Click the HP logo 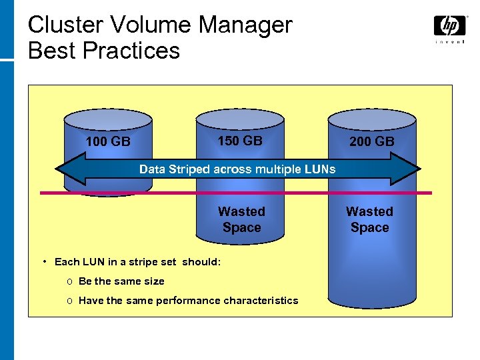click(x=449, y=27)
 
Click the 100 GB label click(x=108, y=141)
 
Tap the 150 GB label click(x=240, y=141)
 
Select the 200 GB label click(x=372, y=141)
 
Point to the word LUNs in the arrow click(x=321, y=169)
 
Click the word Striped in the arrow click(x=189, y=169)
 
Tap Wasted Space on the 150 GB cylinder click(x=241, y=219)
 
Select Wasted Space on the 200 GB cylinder click(x=369, y=219)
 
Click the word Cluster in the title click(x=65, y=25)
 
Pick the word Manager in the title click(x=246, y=25)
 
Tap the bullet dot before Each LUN click(x=43, y=261)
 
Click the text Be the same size click(x=121, y=281)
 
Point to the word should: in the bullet click(x=201, y=262)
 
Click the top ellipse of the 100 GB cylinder click(x=108, y=119)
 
